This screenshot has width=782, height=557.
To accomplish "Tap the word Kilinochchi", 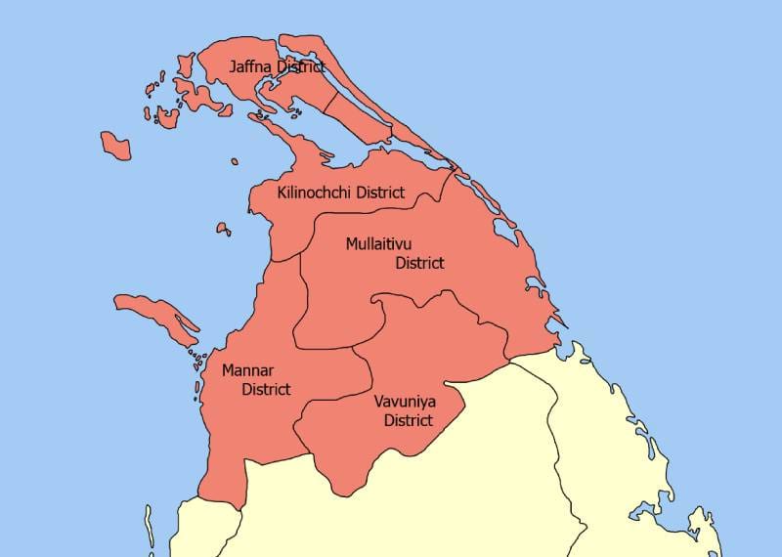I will click(x=315, y=193).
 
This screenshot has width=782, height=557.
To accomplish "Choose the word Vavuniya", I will click(x=405, y=402).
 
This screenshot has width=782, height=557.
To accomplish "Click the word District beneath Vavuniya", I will click(x=409, y=420).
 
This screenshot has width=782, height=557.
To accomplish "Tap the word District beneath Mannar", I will click(x=266, y=389).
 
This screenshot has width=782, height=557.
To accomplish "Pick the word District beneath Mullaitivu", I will click(x=419, y=263).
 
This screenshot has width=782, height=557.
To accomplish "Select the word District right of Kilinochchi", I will click(x=380, y=193).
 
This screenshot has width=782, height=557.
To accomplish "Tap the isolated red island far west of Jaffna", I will click(x=115, y=146).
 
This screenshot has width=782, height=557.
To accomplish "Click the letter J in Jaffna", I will click(x=233, y=67).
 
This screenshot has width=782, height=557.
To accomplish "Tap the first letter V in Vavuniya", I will click(x=378, y=402).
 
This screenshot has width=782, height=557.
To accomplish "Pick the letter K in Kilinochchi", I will click(x=282, y=193).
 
